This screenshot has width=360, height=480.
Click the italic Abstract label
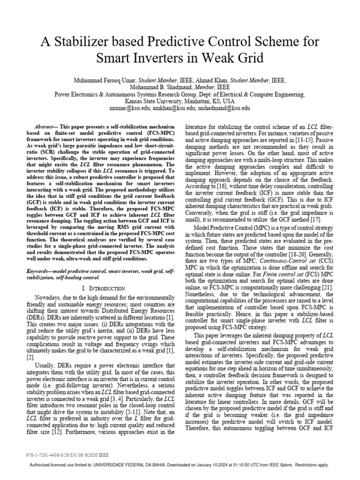[x=46, y=127]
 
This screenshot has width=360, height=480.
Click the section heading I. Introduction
[x=103, y=288]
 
